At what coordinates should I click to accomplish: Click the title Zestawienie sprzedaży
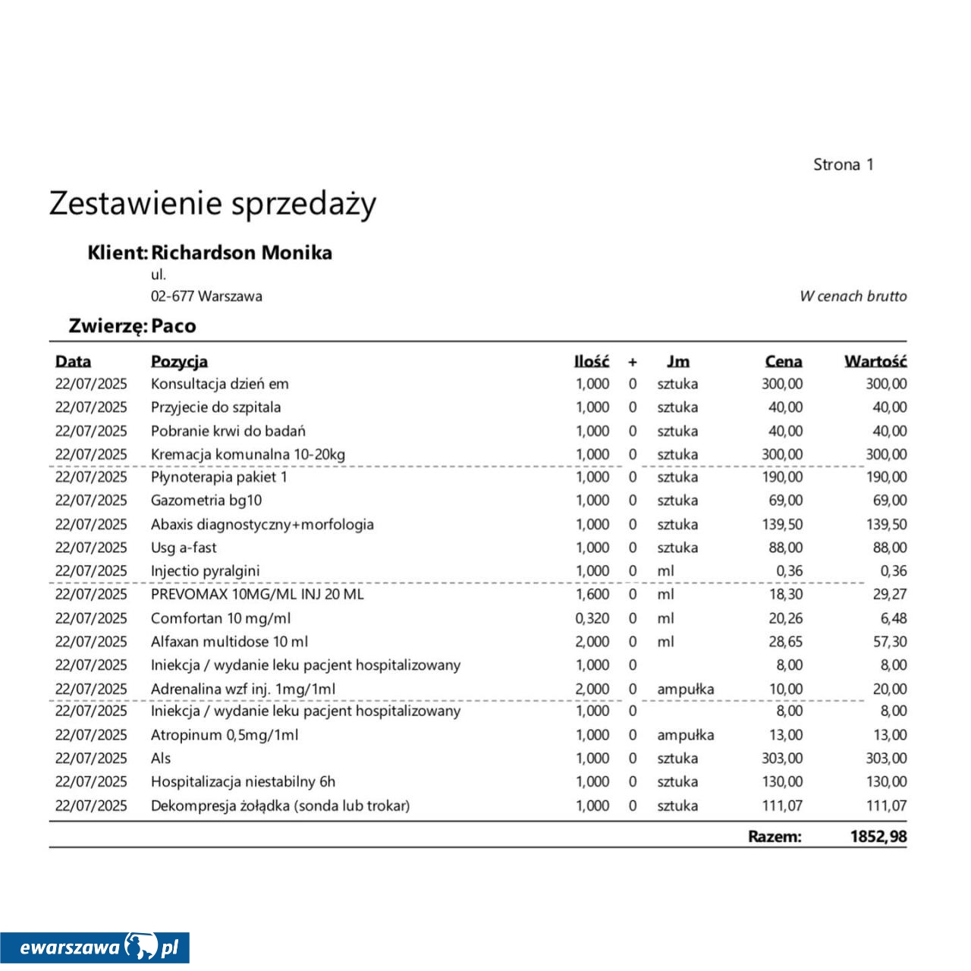point(212,204)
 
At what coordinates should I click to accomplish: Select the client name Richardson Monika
point(241,253)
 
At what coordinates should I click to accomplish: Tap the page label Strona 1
point(843,165)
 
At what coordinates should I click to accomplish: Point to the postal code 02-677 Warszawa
point(206,297)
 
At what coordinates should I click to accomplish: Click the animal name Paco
point(174,326)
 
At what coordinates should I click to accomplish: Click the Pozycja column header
point(179,362)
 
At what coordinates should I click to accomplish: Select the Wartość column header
point(875,362)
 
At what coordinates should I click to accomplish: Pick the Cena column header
point(783,362)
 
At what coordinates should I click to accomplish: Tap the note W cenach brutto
point(853,297)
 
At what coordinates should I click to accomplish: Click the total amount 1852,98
point(878,837)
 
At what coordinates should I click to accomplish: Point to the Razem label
point(775,837)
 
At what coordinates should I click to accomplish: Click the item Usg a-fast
point(184,548)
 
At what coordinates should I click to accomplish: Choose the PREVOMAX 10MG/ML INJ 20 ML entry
point(257,594)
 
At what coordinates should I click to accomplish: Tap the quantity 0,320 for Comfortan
point(592,618)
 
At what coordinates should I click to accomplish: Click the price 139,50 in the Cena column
point(782,524)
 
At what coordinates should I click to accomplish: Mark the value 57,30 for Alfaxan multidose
point(889,642)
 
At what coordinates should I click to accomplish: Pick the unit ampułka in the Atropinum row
point(685,735)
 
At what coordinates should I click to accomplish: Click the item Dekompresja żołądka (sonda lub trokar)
point(280,806)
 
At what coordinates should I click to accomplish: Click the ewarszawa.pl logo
point(95,947)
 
